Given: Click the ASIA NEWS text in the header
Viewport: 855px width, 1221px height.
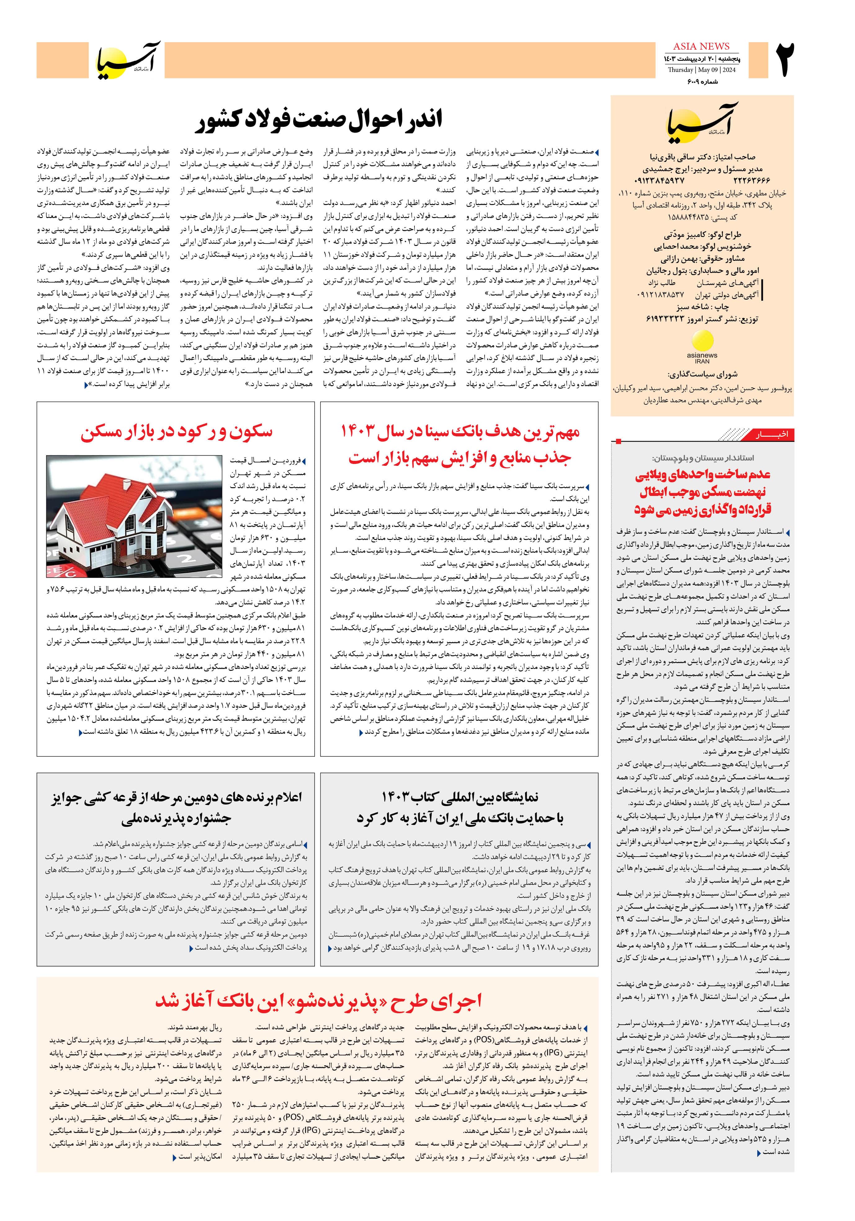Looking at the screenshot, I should (x=701, y=46).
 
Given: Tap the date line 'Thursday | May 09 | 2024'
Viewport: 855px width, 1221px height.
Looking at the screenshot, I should (x=701, y=70).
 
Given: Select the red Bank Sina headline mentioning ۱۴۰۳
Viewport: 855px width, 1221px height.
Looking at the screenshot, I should (x=460, y=445).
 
